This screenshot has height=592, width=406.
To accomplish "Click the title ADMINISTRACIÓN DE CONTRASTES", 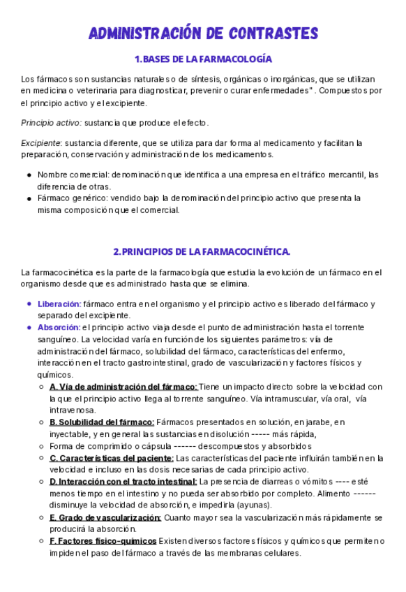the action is [203, 33].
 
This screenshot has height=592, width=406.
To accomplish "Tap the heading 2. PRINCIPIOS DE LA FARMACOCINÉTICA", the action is [202, 251].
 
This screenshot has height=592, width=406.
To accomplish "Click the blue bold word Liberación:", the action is [59, 304].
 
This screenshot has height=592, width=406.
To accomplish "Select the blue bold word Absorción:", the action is [59, 327].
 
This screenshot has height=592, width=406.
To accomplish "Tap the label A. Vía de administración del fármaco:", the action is [123, 387].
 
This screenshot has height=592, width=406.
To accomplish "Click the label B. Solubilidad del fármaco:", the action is [102, 422].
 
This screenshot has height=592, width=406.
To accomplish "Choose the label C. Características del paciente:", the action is [112, 458].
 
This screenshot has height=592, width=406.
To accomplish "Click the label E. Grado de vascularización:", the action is [105, 517].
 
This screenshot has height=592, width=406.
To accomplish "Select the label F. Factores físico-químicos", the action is [103, 541].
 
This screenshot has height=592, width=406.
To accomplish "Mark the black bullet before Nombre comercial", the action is [29, 175].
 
